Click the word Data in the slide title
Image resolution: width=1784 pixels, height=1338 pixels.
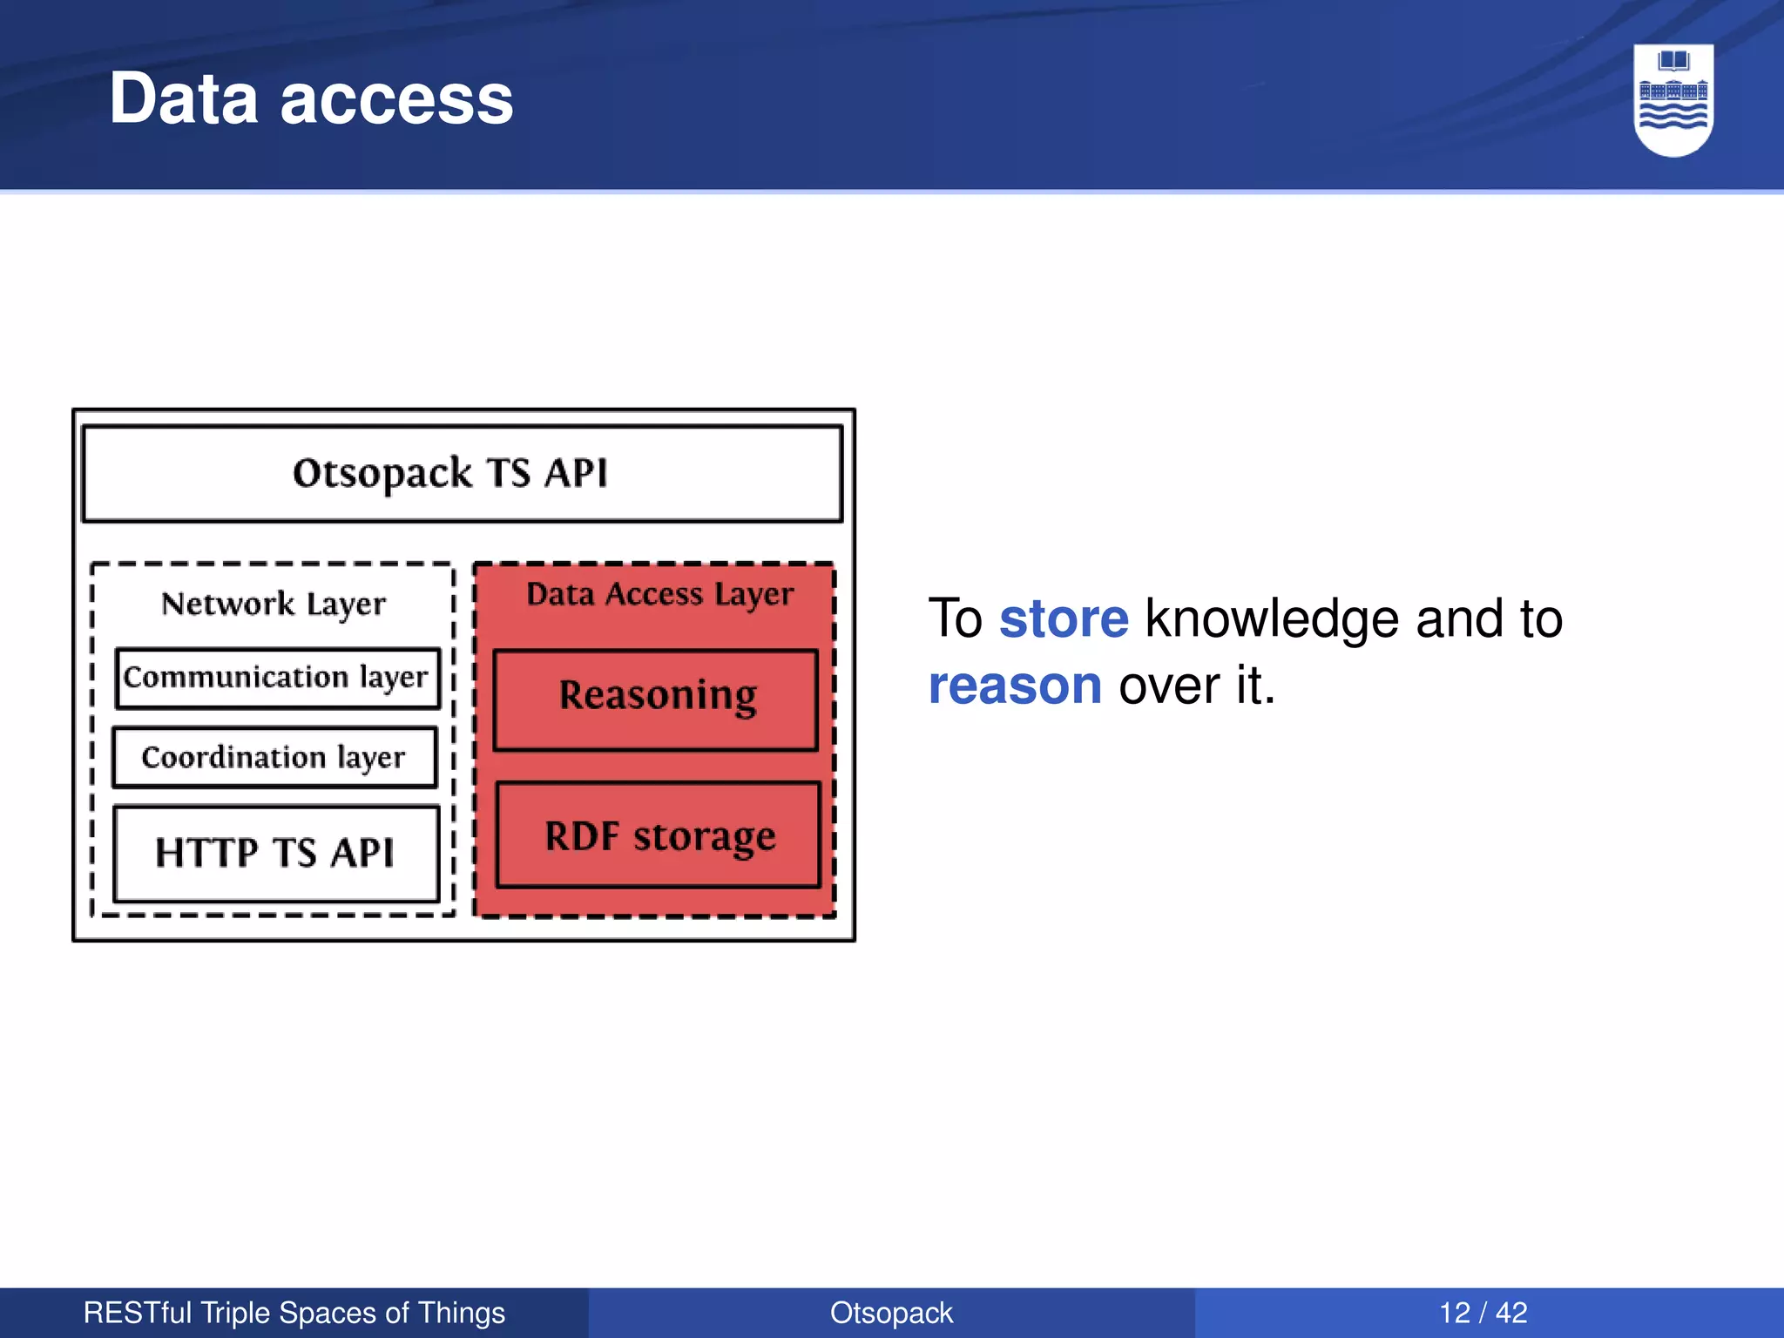click(x=184, y=98)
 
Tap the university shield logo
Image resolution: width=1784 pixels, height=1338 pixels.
click(x=1672, y=99)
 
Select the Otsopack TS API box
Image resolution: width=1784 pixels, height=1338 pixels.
click(x=462, y=474)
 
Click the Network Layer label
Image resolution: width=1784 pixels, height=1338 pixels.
click(x=273, y=604)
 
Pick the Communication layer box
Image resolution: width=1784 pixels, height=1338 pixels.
click(x=277, y=678)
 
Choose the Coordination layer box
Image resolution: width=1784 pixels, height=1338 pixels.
click(x=274, y=757)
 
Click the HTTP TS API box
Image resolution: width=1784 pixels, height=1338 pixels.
click(x=275, y=853)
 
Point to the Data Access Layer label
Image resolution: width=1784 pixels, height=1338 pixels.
click(x=659, y=594)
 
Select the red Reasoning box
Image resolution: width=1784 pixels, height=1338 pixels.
click(x=656, y=698)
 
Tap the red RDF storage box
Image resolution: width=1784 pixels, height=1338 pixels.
click(x=659, y=835)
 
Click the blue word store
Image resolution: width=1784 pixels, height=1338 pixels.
click(x=1063, y=618)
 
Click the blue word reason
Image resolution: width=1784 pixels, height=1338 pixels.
click(x=1015, y=686)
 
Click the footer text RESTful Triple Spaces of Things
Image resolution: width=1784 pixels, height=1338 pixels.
click(x=294, y=1313)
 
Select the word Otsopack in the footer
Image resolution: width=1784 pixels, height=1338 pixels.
click(x=891, y=1313)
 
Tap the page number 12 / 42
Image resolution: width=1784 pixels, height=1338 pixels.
click(x=1483, y=1313)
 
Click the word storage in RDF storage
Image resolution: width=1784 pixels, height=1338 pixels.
click(x=704, y=837)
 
